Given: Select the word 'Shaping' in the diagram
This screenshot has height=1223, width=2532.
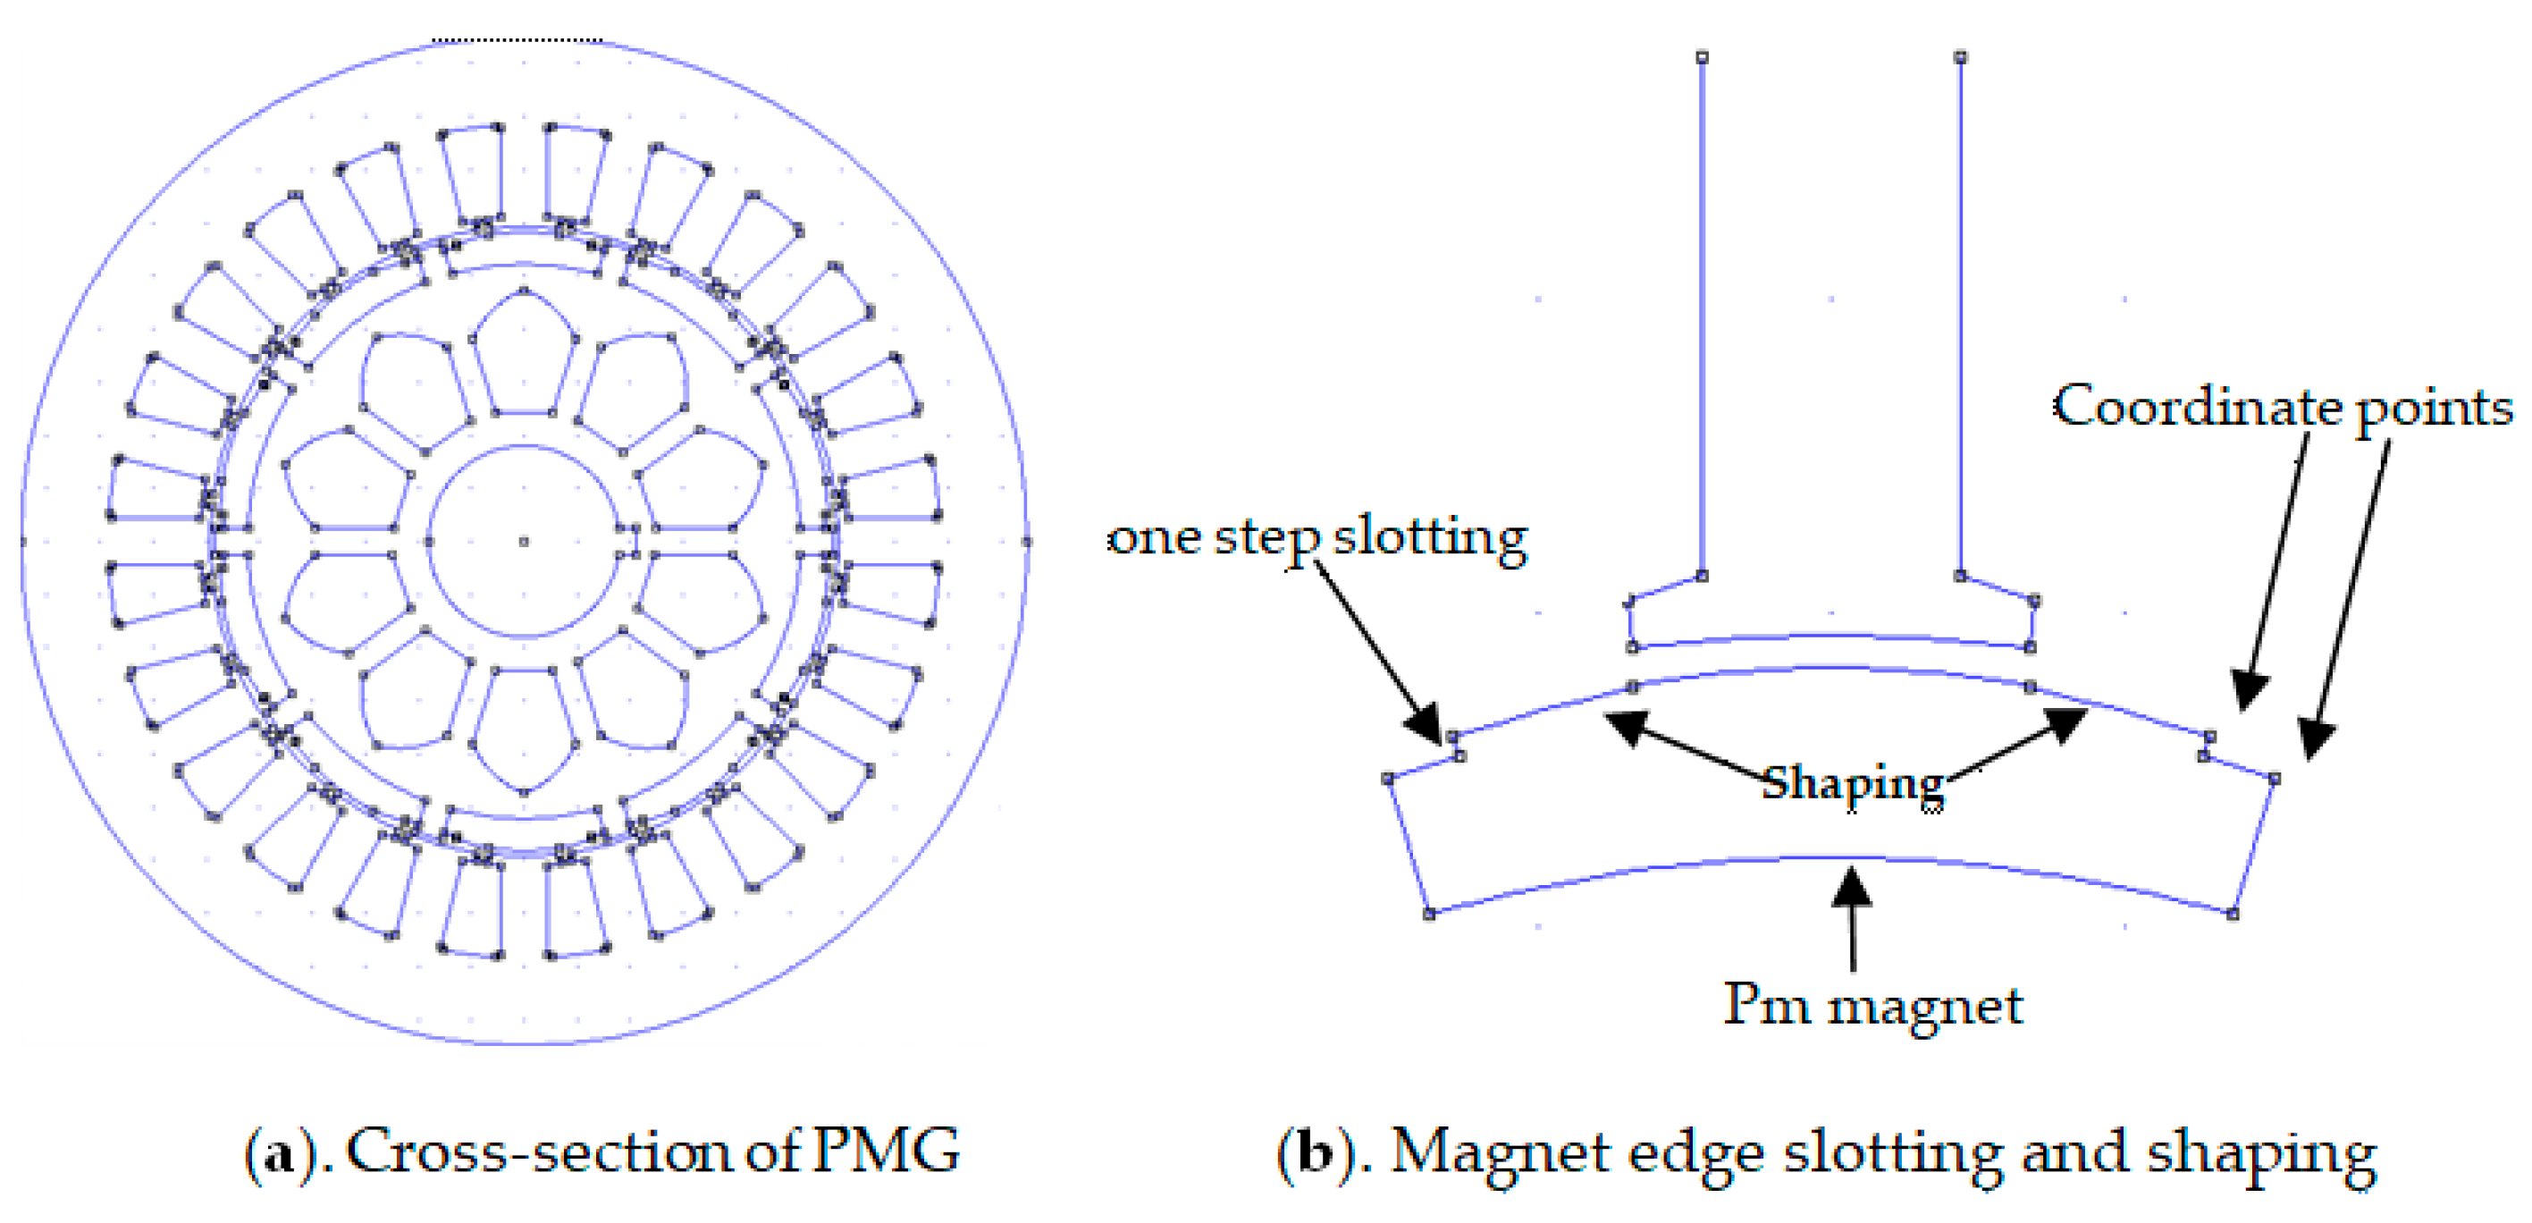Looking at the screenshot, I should pos(1853,783).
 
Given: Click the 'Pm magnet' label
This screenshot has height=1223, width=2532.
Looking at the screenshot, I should pos(1873,1005).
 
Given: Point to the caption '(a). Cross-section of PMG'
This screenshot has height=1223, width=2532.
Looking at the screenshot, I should pos(601,1151).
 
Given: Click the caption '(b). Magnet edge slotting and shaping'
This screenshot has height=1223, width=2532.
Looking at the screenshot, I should pos(1826,1152).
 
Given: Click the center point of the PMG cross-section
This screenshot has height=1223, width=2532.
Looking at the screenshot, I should pos(524,541).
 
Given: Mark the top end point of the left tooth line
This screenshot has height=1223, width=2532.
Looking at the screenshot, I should pos(1703,57).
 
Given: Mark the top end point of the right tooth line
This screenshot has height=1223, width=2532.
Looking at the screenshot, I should pos(1961,57).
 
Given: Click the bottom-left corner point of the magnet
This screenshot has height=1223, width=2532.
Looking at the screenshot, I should pos(1429,914).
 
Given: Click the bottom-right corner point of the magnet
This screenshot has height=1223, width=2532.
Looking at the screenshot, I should pos(2233,914).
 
